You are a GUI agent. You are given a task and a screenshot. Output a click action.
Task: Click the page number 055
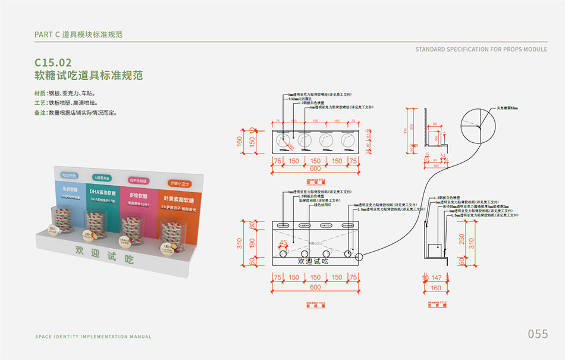[538, 334]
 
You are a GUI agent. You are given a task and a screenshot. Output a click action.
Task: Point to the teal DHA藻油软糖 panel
[105, 196]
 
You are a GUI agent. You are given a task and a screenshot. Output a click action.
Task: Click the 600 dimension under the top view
[316, 168]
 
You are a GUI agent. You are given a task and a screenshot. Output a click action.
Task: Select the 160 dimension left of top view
[240, 142]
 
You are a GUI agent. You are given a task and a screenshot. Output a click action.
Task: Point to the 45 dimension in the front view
[283, 243]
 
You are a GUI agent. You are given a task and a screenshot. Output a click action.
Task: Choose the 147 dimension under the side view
[436, 278]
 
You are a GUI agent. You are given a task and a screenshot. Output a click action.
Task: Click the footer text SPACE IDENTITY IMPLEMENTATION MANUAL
[93, 337]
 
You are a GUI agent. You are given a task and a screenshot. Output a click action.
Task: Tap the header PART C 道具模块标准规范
[79, 35]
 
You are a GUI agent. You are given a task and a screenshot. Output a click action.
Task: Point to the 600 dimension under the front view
[316, 287]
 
